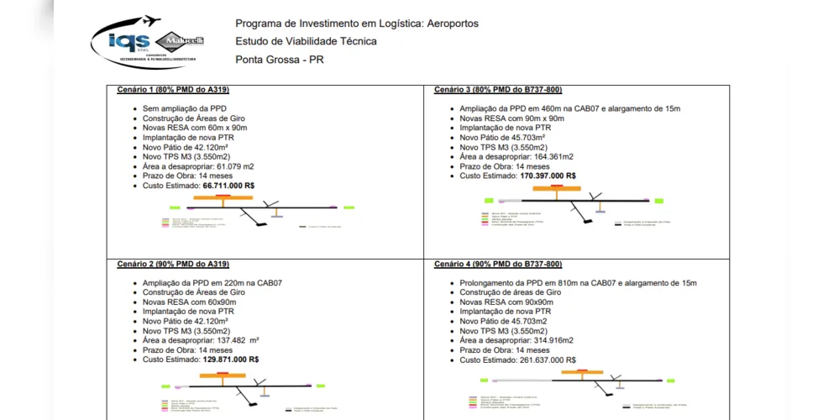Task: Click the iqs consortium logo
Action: tap(148, 41)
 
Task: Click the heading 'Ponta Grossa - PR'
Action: tap(280, 60)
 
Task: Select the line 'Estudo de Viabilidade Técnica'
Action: tap(306, 41)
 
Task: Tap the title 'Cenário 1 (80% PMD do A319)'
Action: tap(173, 90)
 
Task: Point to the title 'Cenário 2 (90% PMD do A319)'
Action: tap(173, 265)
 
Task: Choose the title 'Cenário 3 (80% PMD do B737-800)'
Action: tap(498, 90)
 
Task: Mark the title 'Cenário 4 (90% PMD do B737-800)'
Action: tap(498, 265)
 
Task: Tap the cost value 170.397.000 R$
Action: tap(548, 176)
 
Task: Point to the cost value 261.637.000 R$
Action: tap(548, 360)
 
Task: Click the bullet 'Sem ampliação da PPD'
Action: tap(185, 108)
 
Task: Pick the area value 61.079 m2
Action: tap(229, 166)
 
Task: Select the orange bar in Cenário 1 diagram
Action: tap(223, 200)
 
